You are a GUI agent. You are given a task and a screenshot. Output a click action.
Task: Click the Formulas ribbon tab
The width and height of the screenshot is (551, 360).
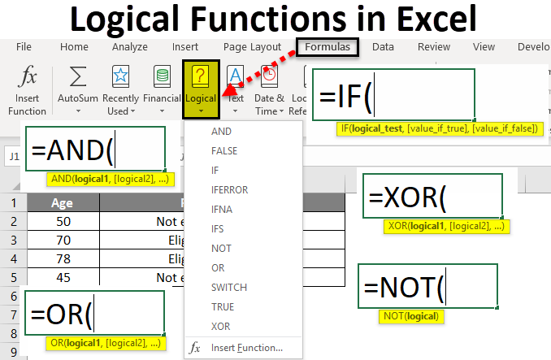click(328, 47)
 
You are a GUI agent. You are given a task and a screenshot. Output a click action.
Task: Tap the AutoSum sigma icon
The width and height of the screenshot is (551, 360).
click(78, 79)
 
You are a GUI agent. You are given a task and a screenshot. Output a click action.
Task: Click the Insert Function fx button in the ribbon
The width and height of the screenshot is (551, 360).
click(28, 89)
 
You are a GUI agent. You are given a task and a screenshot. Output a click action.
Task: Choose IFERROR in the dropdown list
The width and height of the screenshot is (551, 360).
click(229, 189)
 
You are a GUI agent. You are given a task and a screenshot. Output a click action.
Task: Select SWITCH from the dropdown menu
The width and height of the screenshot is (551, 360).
click(228, 287)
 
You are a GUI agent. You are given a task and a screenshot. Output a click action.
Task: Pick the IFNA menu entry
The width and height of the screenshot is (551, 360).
click(222, 209)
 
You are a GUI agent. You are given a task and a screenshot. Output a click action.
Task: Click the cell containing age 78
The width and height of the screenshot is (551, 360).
click(63, 259)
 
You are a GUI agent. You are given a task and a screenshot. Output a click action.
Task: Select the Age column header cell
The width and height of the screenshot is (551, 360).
click(63, 203)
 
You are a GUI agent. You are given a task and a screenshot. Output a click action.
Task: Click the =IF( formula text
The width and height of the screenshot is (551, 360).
click(345, 96)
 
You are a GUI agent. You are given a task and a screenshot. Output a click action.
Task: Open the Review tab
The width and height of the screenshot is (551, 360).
click(433, 47)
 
